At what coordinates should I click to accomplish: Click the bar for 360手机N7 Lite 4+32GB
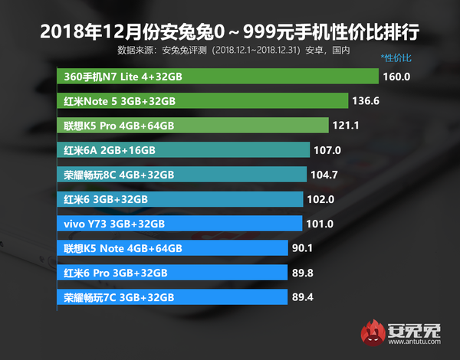tap(219, 77)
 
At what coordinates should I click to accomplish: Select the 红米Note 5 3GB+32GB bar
tap(202, 101)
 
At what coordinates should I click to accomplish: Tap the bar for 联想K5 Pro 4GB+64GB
tap(192, 126)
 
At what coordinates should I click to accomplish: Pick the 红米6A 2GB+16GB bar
tap(183, 150)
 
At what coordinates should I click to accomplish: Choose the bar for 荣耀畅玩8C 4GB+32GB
tap(182, 175)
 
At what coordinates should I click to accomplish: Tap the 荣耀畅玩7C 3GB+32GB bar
tap(172, 297)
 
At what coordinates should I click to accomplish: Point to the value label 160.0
tap(398, 77)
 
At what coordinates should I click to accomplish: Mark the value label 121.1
tap(346, 126)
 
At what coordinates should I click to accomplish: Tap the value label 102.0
tap(320, 199)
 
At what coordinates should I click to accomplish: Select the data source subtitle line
tap(234, 51)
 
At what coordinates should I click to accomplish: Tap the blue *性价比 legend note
tap(396, 58)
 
